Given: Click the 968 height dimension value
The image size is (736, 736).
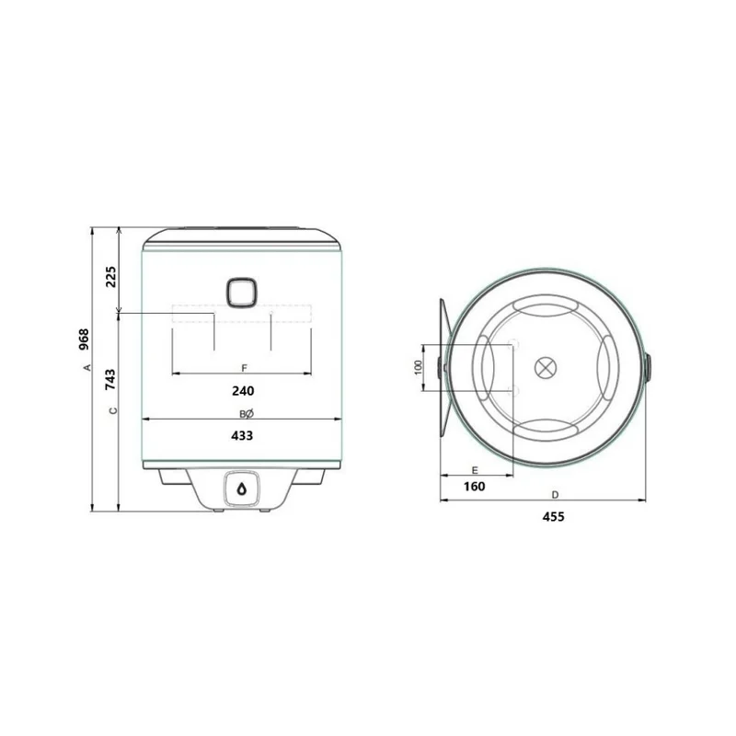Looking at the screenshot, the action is tap(84, 339).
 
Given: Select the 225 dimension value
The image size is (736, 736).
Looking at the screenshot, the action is tap(110, 277).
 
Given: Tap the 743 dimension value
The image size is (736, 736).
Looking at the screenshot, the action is tap(110, 380).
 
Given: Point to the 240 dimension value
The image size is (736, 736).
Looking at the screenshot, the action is tap(243, 390).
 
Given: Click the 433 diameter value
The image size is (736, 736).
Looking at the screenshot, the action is tap(242, 435).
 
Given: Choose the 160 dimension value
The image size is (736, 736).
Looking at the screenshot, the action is tap(475, 487).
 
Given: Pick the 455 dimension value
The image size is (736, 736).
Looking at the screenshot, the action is tap(554, 517).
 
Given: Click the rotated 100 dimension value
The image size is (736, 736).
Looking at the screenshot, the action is tap(419, 367).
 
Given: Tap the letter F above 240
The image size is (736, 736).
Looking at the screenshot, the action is tap(244, 368).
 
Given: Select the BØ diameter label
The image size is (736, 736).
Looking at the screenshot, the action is tap(247, 413).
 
